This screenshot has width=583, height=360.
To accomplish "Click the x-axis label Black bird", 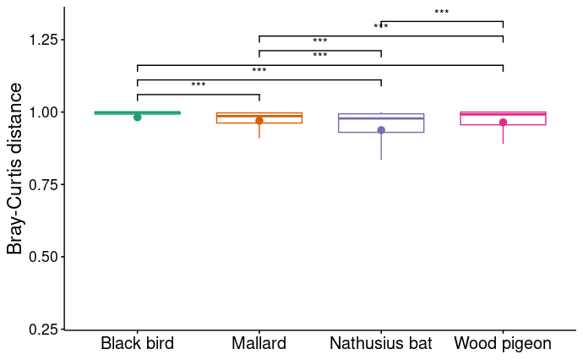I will [x=137, y=344].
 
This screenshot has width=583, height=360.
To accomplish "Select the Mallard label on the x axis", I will [x=259, y=344].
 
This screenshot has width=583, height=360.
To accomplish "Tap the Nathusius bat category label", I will [x=380, y=344].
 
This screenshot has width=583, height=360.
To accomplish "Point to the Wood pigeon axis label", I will [x=503, y=344].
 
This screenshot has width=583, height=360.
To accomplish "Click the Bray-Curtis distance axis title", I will [x=14, y=184].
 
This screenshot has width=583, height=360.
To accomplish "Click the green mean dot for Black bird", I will [x=137, y=117].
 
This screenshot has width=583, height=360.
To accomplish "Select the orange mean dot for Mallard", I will [x=259, y=121].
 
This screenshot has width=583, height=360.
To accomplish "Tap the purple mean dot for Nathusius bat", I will [x=381, y=130].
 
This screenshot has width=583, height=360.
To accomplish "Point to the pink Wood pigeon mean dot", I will [x=503, y=123].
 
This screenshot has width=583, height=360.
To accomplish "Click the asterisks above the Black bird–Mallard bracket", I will [x=199, y=85].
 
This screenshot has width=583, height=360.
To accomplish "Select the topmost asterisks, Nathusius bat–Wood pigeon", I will [x=442, y=12].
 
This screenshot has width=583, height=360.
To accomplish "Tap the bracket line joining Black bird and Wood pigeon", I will [x=320, y=65].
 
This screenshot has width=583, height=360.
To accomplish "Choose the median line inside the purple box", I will [x=381, y=118].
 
